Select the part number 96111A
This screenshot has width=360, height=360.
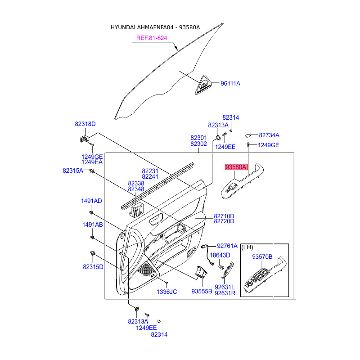[x=230, y=83]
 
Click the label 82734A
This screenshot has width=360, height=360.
[x=269, y=135]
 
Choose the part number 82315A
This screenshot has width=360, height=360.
[x=73, y=171]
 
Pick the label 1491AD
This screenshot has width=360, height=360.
[x=91, y=201]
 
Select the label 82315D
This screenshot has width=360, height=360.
[x=93, y=267]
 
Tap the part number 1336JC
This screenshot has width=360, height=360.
[x=166, y=292]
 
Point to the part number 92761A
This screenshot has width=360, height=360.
[x=227, y=246]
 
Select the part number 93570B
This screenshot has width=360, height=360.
[x=262, y=257]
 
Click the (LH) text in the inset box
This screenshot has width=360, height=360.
[x=248, y=247]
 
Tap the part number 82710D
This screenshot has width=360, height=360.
[x=224, y=216]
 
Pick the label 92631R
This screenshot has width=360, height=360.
[x=225, y=293]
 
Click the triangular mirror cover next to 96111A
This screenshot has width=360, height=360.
[x=205, y=85]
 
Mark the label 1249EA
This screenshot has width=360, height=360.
[x=92, y=162]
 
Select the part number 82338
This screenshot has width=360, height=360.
[x=136, y=184]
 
